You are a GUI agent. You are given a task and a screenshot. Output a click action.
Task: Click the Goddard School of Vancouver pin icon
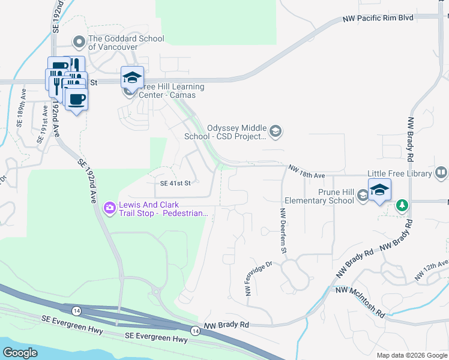coord(79,43)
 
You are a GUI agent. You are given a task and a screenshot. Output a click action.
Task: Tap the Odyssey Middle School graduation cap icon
coord(276,131)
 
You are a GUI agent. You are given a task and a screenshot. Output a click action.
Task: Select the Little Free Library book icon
coord(441,173)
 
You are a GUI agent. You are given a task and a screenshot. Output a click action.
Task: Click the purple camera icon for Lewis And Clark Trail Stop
coord(109,208)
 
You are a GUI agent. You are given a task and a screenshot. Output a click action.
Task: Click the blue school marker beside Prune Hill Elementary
coord(379,190)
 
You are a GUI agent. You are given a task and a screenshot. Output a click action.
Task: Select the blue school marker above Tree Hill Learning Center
coord(132,77)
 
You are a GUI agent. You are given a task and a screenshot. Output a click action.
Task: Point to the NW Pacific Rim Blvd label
coord(378,19)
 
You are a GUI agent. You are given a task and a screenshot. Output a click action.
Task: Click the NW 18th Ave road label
coord(306,172)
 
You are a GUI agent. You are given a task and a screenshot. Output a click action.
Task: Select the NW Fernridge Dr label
coord(258,278)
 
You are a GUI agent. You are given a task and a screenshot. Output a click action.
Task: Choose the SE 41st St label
coord(175,183)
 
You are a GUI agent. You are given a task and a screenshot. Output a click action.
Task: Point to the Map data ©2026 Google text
coord(411,355)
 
